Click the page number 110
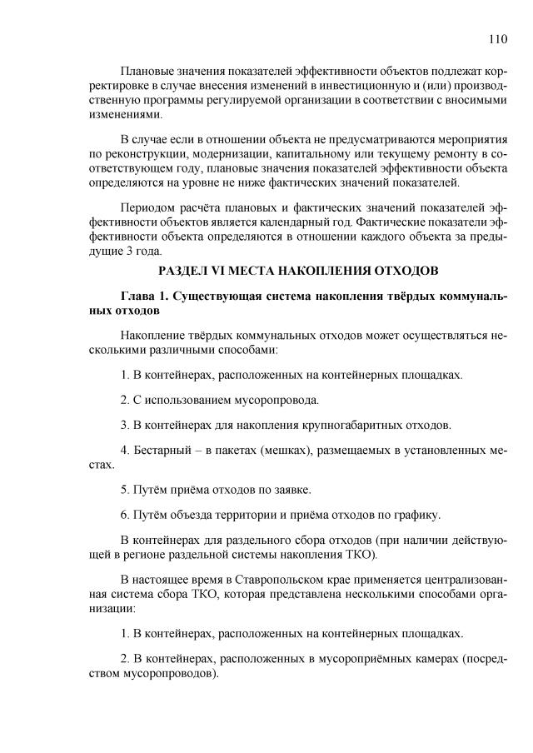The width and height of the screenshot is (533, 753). pos(499,38)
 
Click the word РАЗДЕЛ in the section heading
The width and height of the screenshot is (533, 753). pos(182,270)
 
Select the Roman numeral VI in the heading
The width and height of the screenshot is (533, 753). pos(217,270)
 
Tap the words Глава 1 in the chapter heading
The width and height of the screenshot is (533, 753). pos(144,296)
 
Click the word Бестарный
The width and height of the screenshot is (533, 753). pos(166,451)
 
